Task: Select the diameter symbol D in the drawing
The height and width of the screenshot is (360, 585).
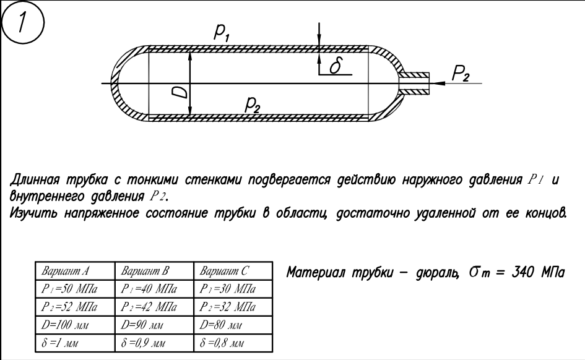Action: (x=179, y=92)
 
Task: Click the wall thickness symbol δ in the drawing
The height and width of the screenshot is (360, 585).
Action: (x=335, y=66)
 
